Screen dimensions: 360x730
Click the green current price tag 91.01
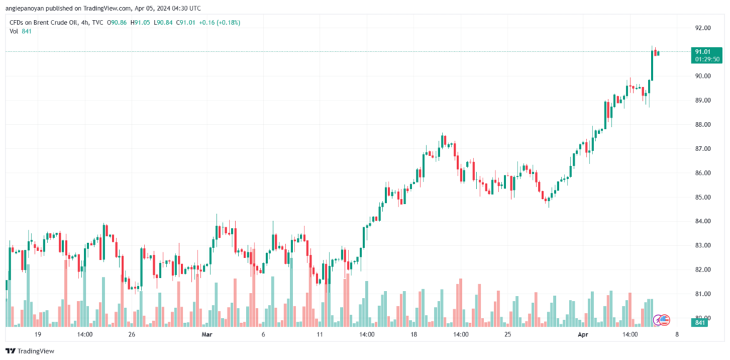click(x=703, y=51)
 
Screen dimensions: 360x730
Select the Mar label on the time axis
click(x=207, y=334)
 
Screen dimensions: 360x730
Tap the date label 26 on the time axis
click(x=132, y=334)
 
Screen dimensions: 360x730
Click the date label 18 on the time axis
click(x=413, y=334)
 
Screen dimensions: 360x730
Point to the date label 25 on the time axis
click(x=508, y=334)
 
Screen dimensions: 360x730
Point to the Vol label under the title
click(x=14, y=31)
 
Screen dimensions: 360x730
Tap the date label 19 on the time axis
click(x=38, y=334)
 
